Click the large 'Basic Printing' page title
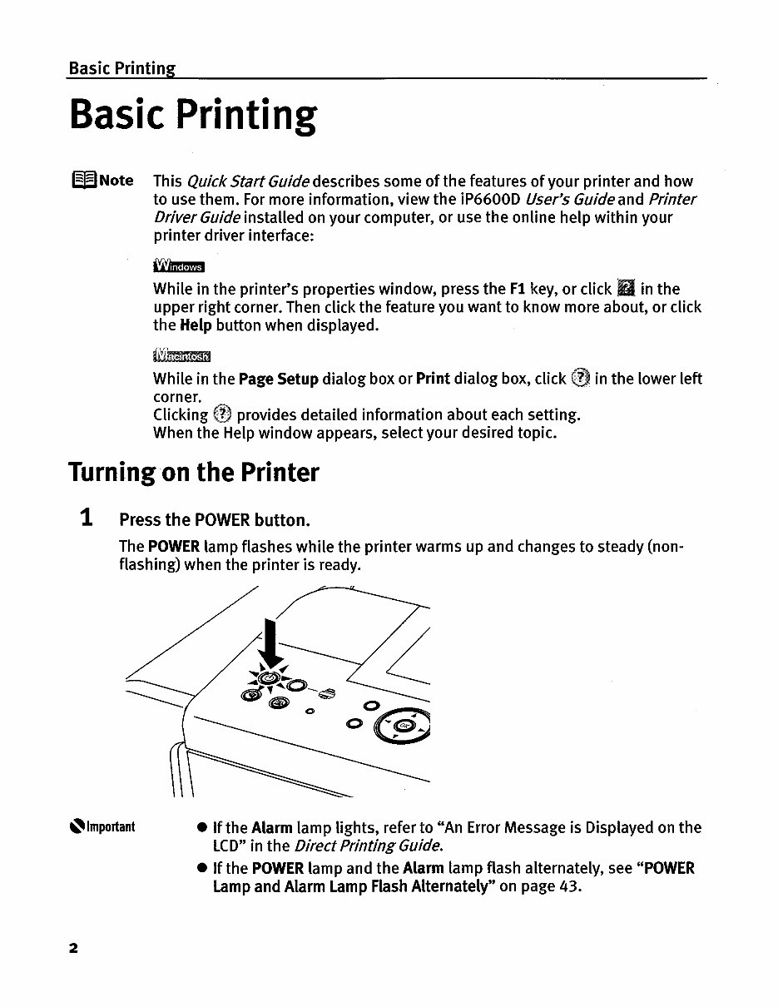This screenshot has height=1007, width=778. click(192, 117)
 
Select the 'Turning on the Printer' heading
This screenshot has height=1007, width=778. click(193, 473)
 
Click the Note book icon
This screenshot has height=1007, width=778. click(83, 181)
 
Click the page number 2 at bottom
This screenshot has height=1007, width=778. click(74, 948)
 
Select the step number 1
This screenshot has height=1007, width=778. click(86, 518)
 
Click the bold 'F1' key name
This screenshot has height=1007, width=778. click(518, 290)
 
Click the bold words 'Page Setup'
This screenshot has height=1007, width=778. click(278, 379)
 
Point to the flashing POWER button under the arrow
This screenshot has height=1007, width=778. click(268, 680)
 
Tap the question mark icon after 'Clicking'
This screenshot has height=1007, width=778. click(222, 414)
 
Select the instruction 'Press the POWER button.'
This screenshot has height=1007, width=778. click(215, 521)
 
